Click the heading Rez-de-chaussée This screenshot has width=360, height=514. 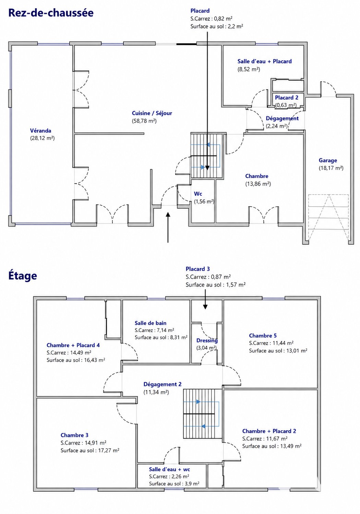coord(51,13)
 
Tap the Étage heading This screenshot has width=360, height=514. coord(23,276)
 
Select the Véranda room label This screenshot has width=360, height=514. coord(40,131)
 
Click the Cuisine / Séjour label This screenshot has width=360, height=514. coord(152,113)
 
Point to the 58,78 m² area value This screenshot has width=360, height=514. coord(144,121)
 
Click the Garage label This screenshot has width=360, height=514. coord(328,160)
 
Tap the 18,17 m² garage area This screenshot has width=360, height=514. coord(331,168)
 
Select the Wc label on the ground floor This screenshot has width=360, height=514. coord(198,194)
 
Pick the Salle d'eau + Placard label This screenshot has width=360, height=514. coord(264,61)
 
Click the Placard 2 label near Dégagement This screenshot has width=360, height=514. coord(287,98)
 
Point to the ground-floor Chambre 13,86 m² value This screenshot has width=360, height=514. coord(258,184)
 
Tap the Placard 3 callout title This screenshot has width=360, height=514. coord(197,269)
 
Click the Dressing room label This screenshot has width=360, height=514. coord(207,340)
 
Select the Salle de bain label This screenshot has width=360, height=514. coord(151,323)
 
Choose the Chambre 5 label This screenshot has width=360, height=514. coord(263,336)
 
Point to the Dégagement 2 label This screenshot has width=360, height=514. coord(163,384)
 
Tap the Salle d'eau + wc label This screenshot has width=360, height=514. coord(169,469)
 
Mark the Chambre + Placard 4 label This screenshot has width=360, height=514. coord(73,345)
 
